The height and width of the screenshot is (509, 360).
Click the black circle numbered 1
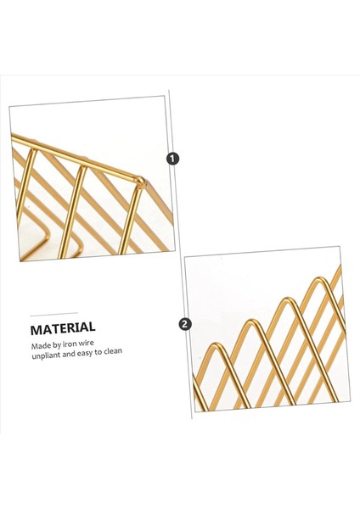tap(174, 159)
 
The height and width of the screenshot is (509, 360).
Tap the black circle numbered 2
tap(185, 324)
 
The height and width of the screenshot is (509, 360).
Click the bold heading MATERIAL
tap(63, 327)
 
